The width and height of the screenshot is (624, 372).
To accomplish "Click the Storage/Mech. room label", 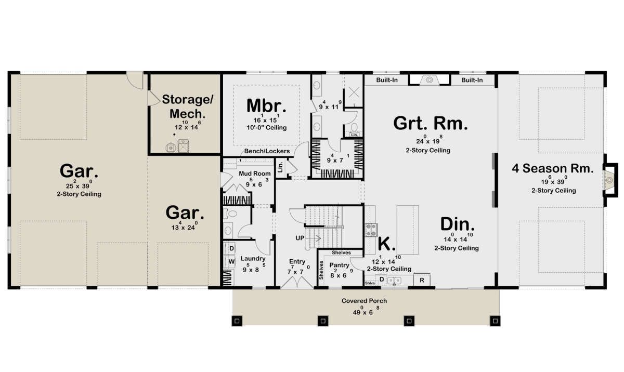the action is point(188,107).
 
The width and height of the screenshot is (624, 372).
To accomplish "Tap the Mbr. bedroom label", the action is point(266,106).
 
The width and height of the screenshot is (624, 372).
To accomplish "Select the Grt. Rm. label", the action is point(431,123).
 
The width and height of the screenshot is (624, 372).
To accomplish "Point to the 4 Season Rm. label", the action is point(553,168).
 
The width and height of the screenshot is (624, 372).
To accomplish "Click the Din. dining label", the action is point(458,224).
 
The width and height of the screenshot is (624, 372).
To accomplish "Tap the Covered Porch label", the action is point(364,301).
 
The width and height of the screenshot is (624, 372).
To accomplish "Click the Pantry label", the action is point(339,265).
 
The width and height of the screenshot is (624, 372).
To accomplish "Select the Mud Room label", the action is point(255,174).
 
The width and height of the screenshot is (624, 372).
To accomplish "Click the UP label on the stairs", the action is point(300,238).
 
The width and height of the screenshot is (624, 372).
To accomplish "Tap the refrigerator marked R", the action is point(422,280).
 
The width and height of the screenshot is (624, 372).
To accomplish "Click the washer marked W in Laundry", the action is point(231,261).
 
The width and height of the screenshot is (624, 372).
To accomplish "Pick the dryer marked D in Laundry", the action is point(231,248).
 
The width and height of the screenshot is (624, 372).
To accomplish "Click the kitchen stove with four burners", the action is point(371,230).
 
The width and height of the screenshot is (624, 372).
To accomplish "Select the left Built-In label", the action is point(387,80).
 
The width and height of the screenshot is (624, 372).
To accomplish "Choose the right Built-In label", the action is point(472,80).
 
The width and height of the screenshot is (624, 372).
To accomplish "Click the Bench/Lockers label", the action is point(267,151).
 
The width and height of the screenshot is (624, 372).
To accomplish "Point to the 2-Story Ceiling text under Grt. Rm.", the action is point(428,150).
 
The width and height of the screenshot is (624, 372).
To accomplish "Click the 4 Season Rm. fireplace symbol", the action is point(609,180).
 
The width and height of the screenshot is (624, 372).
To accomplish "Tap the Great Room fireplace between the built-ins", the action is point(430,80).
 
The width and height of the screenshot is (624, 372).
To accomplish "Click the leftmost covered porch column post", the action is point(237,321).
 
